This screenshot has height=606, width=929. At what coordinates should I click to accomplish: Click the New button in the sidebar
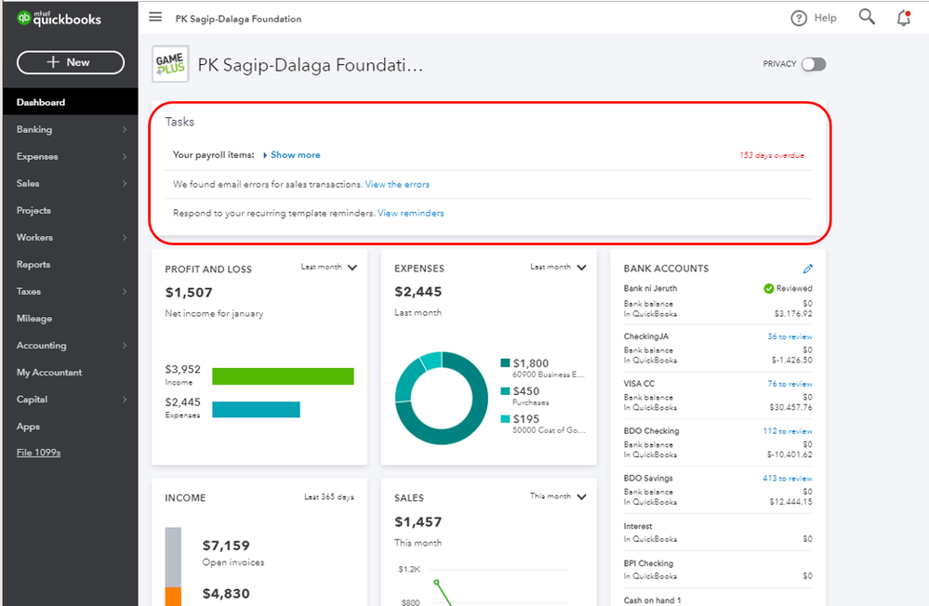(x=70, y=62)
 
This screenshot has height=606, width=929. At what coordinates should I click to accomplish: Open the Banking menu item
(x=34, y=129)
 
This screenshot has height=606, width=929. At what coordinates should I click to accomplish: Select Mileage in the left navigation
(x=34, y=319)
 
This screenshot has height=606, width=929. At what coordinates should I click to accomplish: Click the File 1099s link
(x=38, y=453)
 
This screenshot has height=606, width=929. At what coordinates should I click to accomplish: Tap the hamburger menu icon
(x=155, y=18)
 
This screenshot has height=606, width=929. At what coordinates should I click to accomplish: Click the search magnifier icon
(x=867, y=18)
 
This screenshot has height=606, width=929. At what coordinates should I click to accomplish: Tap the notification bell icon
(x=903, y=18)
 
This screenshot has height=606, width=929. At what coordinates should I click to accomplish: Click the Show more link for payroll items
(x=295, y=155)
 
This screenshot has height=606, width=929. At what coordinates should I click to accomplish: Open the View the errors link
(x=397, y=185)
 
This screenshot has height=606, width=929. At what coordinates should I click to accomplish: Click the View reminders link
(x=410, y=214)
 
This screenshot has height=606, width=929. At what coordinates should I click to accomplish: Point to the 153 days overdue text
(x=771, y=155)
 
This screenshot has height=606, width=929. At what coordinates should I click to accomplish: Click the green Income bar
(x=283, y=375)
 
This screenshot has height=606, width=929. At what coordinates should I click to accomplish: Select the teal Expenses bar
(x=256, y=409)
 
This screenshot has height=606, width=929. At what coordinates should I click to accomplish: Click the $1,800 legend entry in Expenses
(x=530, y=363)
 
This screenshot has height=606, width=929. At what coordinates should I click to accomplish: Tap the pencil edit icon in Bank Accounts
(x=807, y=269)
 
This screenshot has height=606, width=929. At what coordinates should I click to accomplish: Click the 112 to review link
(x=787, y=431)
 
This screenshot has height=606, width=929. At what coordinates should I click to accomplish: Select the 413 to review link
(x=787, y=479)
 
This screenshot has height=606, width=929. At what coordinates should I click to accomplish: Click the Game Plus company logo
(x=170, y=64)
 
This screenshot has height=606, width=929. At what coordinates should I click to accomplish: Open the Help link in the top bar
(x=814, y=18)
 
